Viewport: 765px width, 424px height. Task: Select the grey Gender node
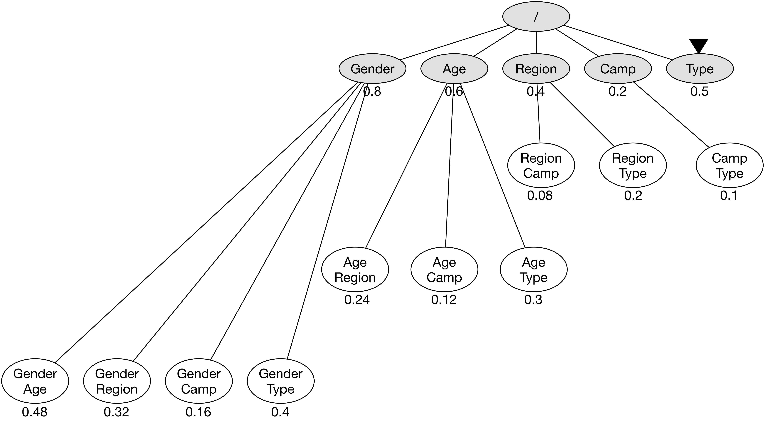pyautogui.click(x=372, y=69)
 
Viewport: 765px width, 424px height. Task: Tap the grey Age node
pyautogui.click(x=454, y=69)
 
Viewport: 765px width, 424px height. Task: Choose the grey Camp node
pyautogui.click(x=618, y=69)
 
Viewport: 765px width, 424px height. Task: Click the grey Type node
pyautogui.click(x=700, y=69)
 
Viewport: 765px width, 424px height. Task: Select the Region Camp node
pyautogui.click(x=541, y=165)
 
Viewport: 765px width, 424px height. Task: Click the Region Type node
pyautogui.click(x=633, y=165)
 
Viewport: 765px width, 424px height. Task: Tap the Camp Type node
pyautogui.click(x=729, y=165)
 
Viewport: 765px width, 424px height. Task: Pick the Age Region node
pyautogui.click(x=355, y=269)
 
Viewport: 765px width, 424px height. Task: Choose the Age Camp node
pyautogui.click(x=444, y=269)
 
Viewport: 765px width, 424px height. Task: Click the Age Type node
pyautogui.click(x=534, y=269)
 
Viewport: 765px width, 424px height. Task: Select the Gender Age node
pyautogui.click(x=35, y=381)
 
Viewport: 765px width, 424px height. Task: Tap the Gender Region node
pyautogui.click(x=117, y=381)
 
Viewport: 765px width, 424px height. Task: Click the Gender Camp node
pyautogui.click(x=199, y=381)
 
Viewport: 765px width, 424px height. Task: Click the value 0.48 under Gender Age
pyautogui.click(x=35, y=412)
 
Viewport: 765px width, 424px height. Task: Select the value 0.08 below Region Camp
pyautogui.click(x=540, y=196)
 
